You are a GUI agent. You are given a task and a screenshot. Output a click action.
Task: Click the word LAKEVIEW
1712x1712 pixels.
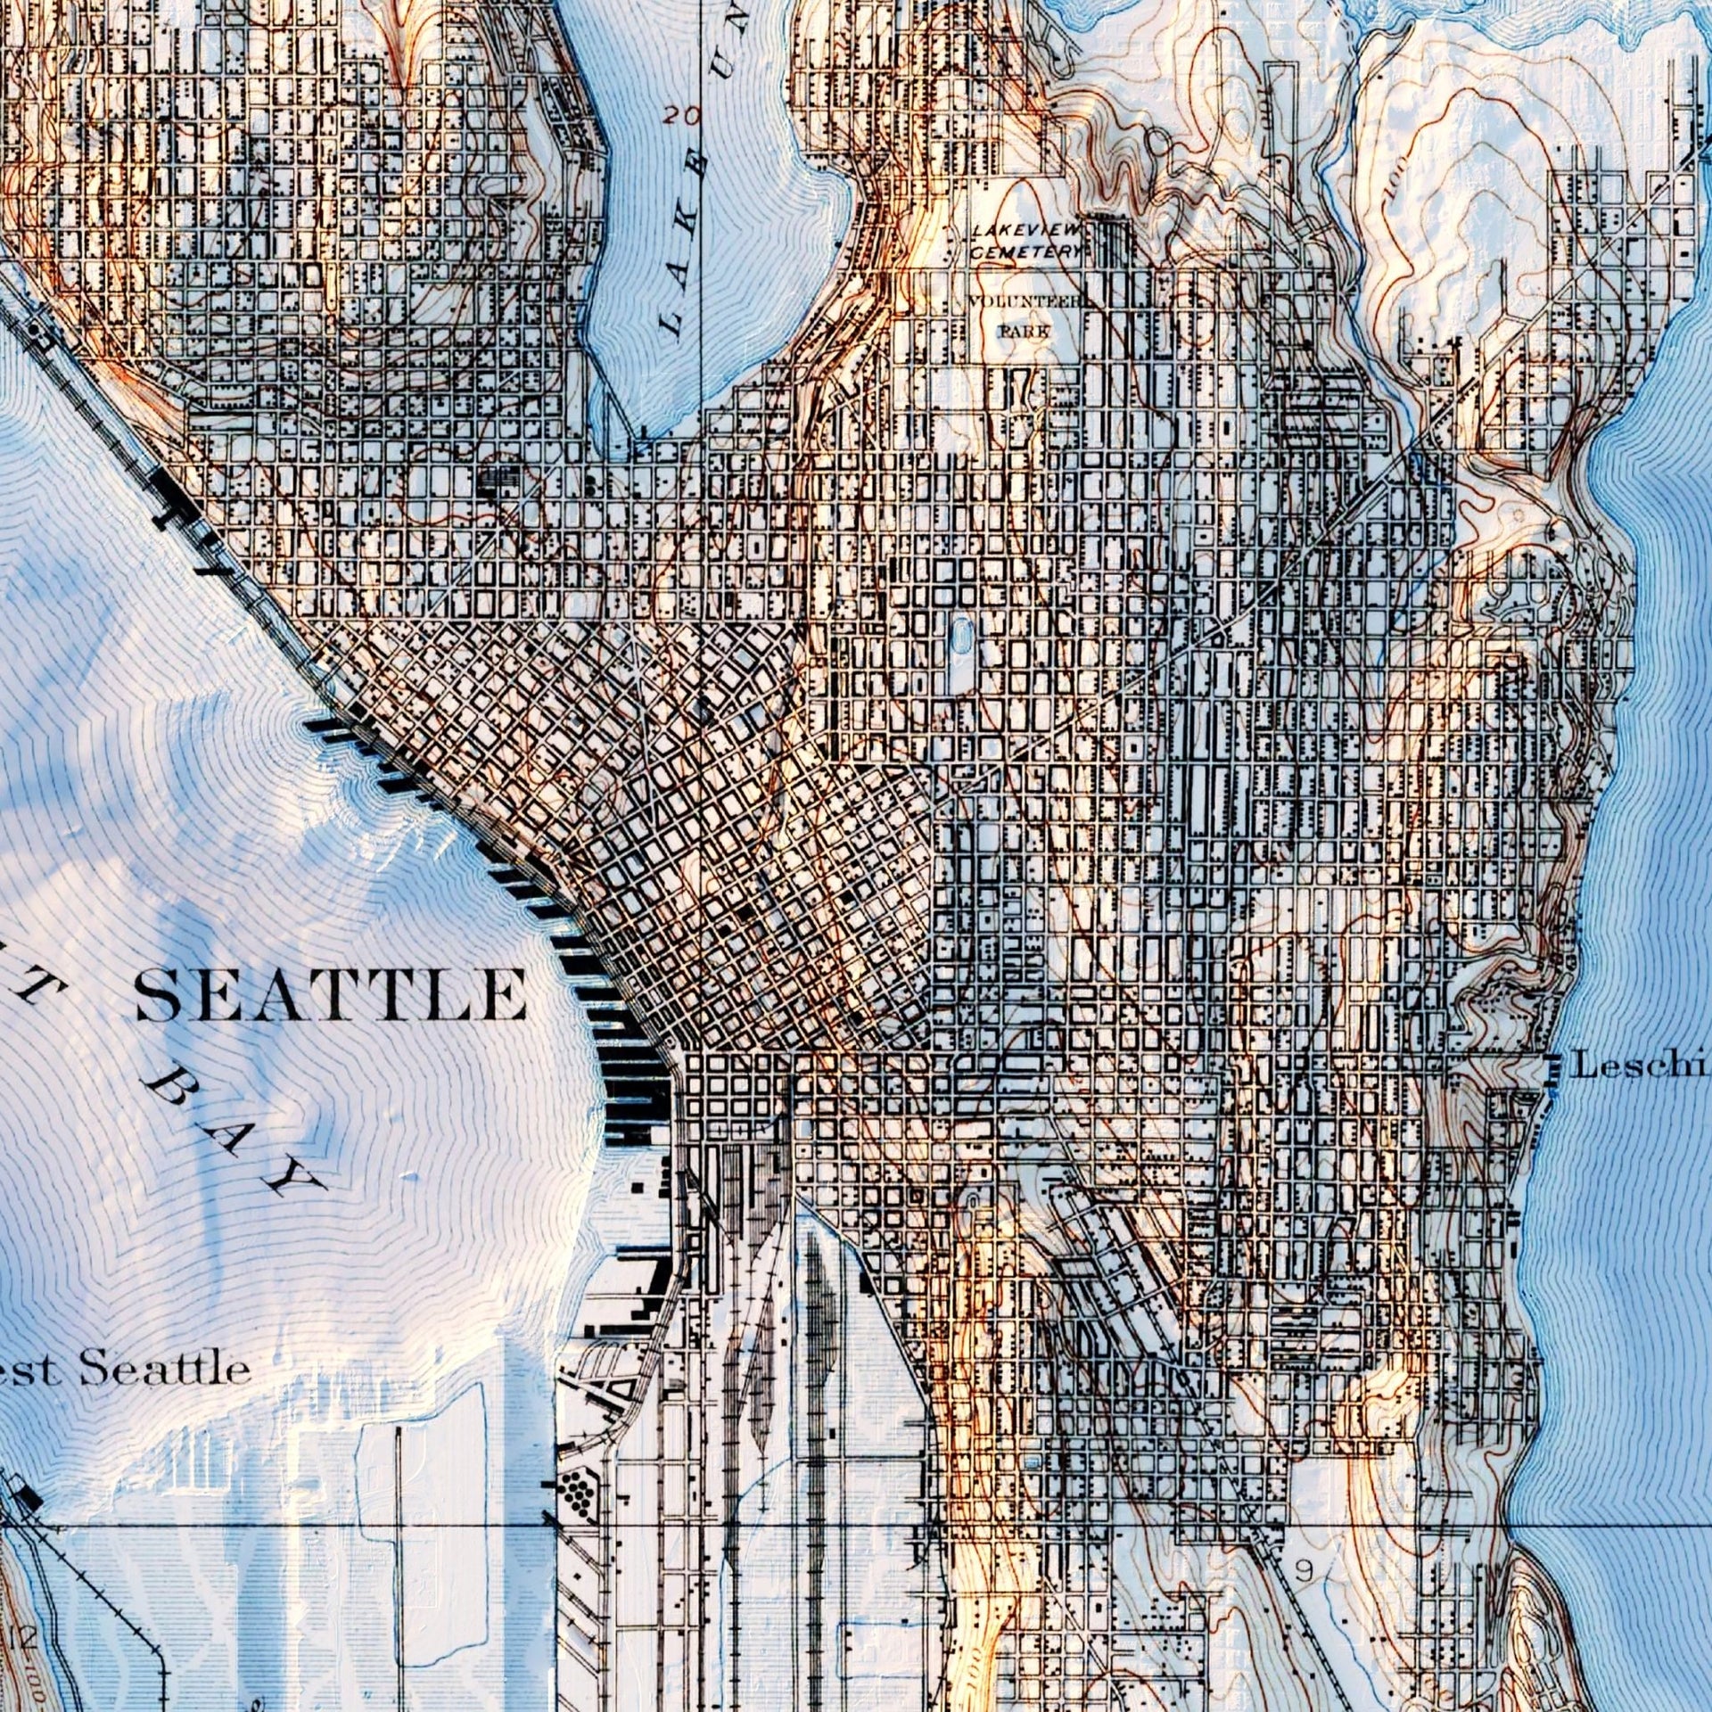(x=1025, y=231)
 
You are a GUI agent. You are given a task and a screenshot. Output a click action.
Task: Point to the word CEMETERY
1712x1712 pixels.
(x=1025, y=253)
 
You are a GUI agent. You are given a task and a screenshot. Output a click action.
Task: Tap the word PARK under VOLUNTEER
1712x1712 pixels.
(x=1023, y=331)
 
